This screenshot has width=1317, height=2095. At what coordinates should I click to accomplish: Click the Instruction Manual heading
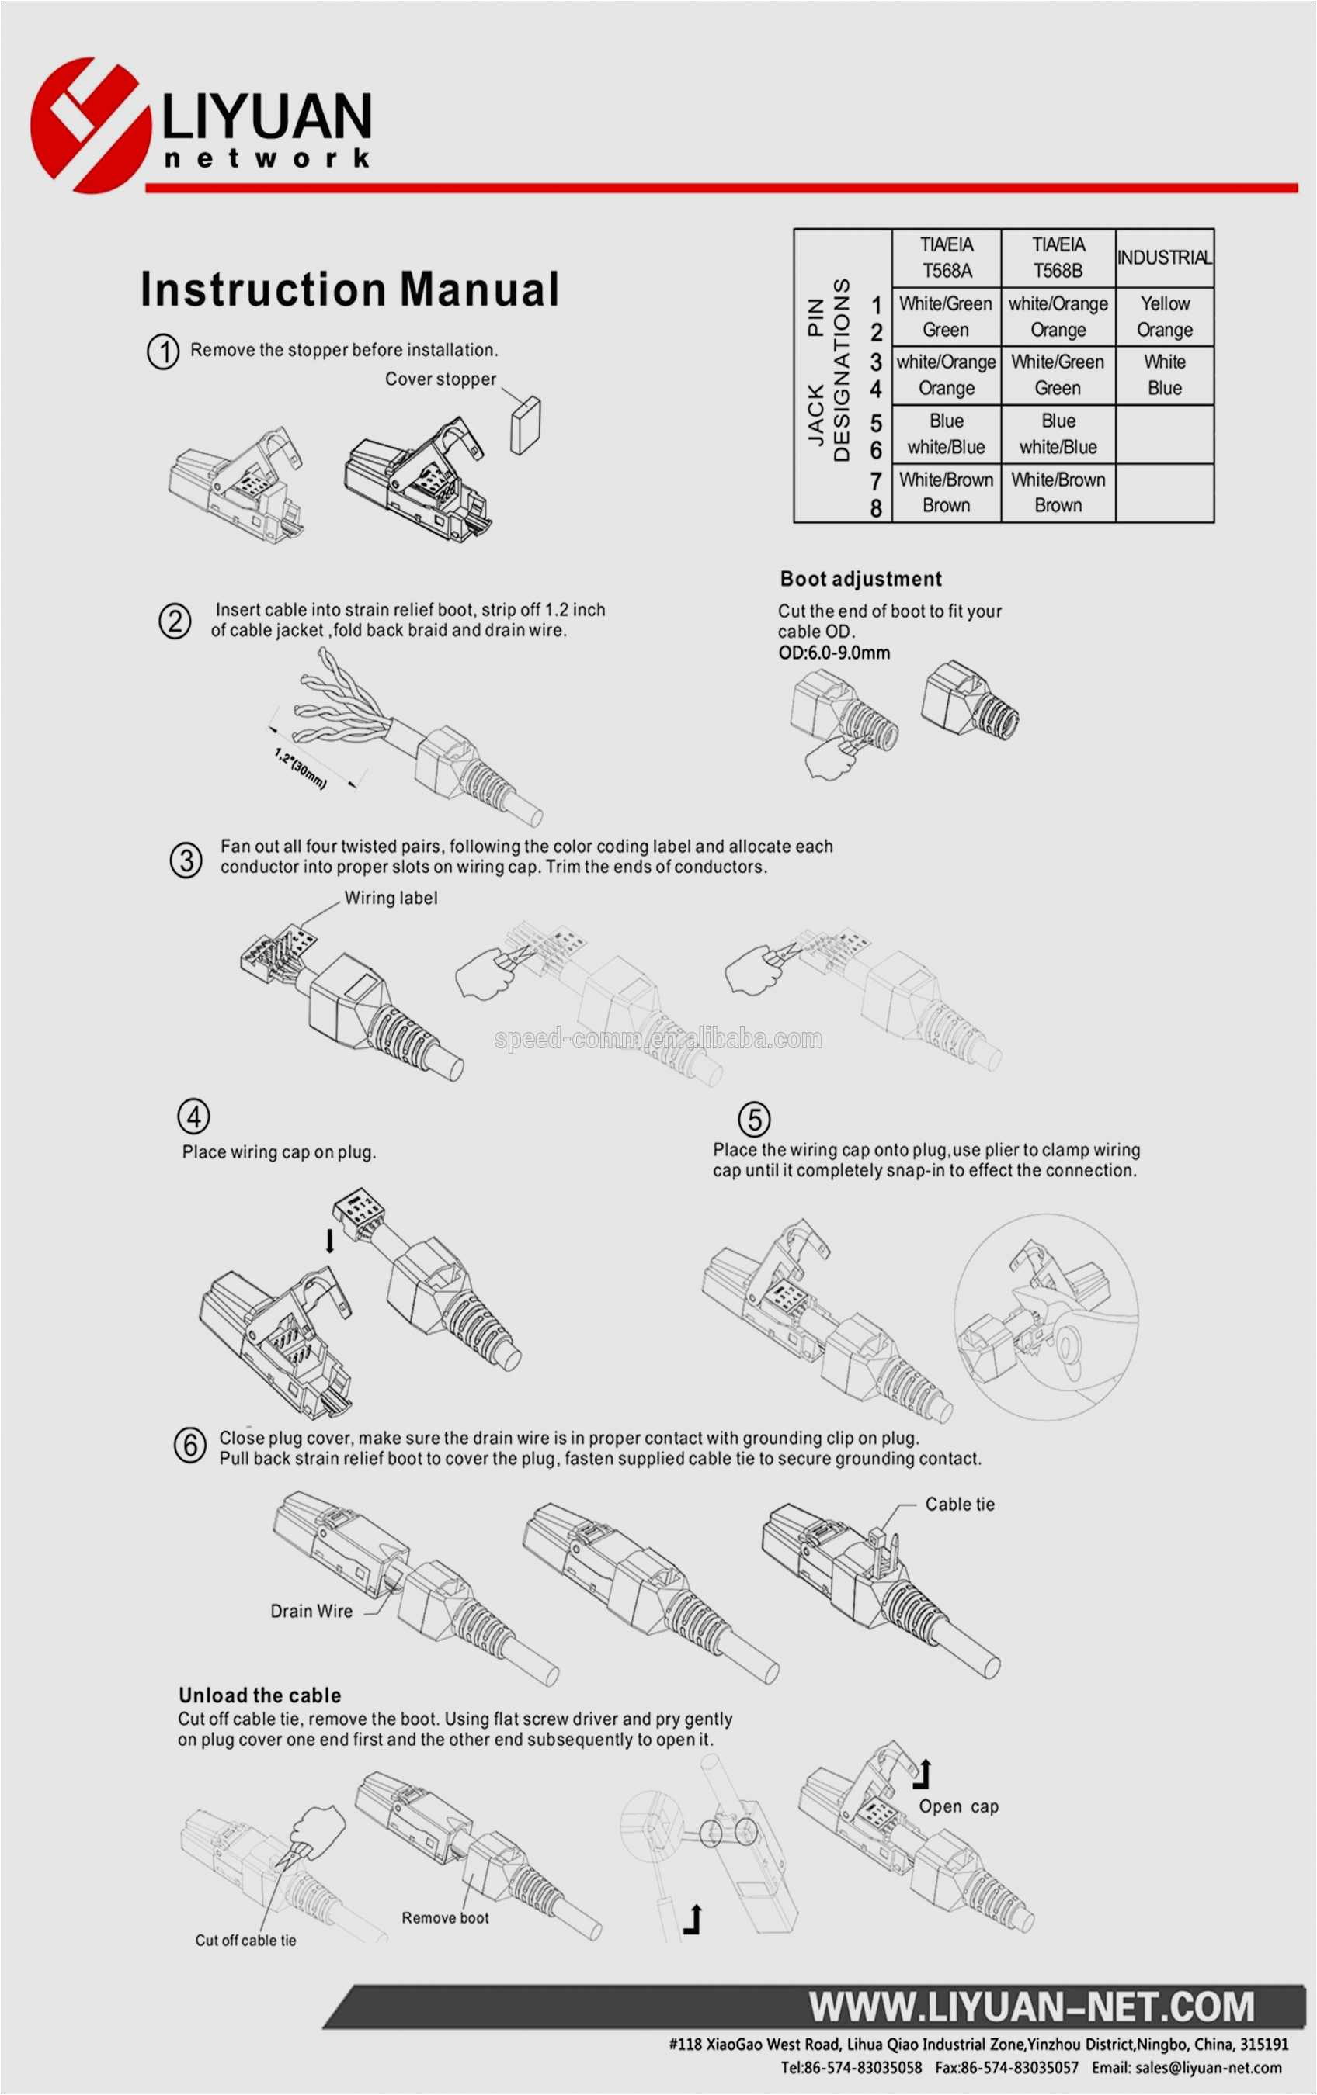pos(349,289)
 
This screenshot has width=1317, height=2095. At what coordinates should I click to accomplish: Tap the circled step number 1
pos(163,351)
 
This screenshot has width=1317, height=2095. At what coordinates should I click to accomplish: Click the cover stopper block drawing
pos(525,424)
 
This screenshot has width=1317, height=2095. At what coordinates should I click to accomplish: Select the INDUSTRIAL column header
pos(1164,258)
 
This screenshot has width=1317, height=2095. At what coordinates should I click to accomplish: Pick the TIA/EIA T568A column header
pos(946,258)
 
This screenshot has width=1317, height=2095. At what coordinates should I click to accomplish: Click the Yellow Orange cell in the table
pos(1164,317)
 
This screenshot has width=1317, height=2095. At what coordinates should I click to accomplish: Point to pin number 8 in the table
pos(876,508)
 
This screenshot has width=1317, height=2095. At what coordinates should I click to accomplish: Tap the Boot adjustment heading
pos(860,580)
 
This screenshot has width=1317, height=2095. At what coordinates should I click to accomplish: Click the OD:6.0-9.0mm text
pos(833,653)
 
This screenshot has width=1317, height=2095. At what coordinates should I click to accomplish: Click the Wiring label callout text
pos(391,898)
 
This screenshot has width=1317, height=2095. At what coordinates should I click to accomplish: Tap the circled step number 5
pos(754,1119)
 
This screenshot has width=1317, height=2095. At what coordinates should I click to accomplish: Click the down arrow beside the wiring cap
pos(330,1241)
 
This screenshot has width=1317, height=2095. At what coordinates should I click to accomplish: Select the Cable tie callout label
pos(959,1505)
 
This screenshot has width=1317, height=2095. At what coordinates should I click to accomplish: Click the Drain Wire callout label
pos(311,1612)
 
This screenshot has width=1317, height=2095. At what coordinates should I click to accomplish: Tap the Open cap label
pos(958,1806)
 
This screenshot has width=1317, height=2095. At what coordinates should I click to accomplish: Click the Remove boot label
pos(445,1917)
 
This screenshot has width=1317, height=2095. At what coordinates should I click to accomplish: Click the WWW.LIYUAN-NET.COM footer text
pos(1031,2007)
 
